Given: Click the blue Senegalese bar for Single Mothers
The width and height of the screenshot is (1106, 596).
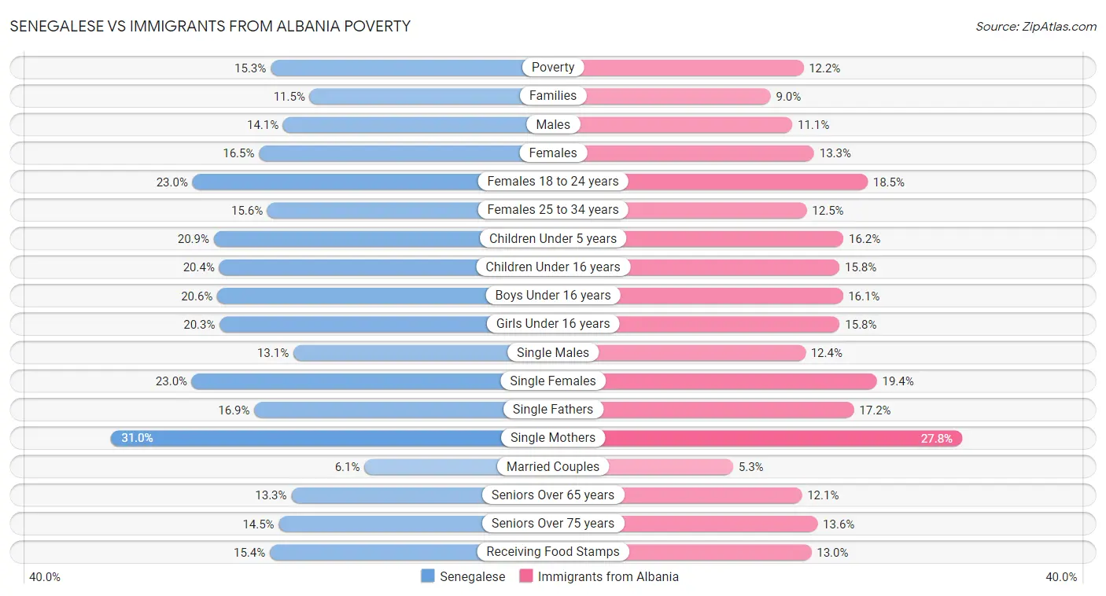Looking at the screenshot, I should (307, 438).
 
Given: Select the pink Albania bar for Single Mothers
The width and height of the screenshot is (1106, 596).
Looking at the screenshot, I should (787, 438).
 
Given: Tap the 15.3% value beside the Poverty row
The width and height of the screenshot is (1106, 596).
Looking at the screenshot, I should (250, 68).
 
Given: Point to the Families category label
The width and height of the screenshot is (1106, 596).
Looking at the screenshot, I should (553, 96).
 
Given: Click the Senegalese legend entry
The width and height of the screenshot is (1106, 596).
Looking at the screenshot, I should (463, 576).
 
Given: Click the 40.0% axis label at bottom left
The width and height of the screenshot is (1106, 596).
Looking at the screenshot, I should (45, 577).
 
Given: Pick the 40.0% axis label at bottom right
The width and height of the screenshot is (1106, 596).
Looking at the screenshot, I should (1061, 577).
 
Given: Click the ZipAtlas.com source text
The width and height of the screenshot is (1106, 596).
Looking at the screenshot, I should (1036, 27).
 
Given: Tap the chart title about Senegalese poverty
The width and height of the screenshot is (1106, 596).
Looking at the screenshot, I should (210, 26).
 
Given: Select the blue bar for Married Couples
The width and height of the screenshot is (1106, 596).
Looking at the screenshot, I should (431, 466).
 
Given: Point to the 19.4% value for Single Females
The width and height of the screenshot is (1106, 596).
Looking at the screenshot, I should (897, 381).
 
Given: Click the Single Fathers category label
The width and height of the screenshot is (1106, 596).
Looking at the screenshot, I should (553, 409).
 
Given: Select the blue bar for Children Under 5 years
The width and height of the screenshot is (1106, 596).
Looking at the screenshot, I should (348, 238).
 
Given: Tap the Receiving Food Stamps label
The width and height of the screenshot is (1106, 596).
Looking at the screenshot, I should (553, 551).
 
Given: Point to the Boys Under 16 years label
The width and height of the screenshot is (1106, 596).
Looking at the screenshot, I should (553, 296).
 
